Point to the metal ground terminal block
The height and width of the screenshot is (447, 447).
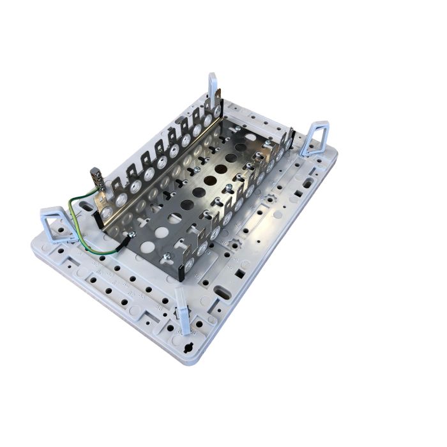click(98, 176)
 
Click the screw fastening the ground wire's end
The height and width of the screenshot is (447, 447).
click(130, 237)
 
